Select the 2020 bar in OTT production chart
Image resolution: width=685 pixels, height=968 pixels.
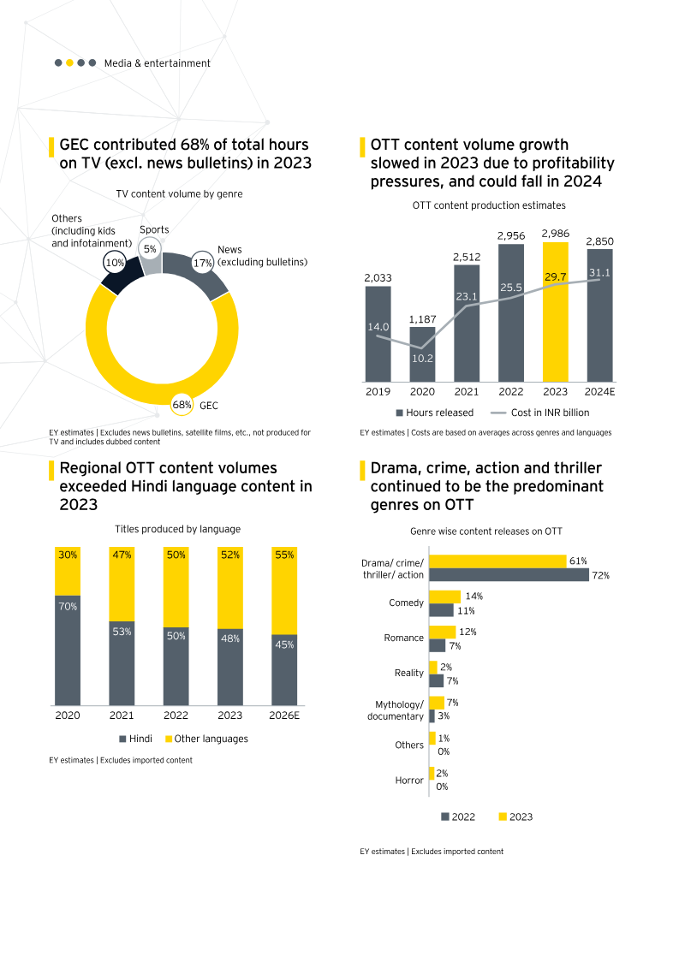click(422, 354)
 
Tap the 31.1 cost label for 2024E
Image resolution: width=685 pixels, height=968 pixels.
click(599, 273)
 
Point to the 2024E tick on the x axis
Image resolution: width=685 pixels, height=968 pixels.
click(599, 391)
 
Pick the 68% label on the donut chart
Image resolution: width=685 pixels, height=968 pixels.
click(182, 405)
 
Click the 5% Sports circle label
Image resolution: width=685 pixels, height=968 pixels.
click(150, 249)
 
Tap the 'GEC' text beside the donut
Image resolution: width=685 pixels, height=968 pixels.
click(208, 405)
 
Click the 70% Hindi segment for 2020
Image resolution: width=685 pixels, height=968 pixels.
click(68, 650)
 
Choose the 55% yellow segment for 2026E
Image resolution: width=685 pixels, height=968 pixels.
click(284, 591)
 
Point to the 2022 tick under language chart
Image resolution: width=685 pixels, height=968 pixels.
click(176, 716)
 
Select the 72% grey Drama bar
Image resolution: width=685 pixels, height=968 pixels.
click(509, 575)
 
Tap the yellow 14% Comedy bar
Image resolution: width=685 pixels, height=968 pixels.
click(444, 597)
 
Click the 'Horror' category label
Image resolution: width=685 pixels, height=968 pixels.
click(409, 781)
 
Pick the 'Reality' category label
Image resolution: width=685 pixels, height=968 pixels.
click(409, 674)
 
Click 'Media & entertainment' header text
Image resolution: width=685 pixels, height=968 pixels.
click(157, 63)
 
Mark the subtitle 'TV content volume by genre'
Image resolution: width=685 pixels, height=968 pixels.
click(179, 194)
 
